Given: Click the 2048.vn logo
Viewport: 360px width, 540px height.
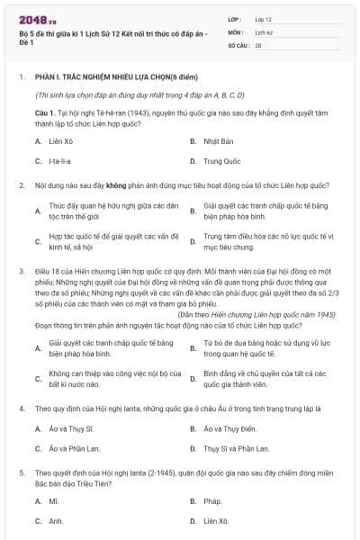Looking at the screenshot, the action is point(37,18).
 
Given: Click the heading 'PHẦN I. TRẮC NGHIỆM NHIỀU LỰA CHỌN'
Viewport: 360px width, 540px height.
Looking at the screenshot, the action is point(99,77).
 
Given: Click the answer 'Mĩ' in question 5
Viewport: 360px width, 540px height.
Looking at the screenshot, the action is point(53,500).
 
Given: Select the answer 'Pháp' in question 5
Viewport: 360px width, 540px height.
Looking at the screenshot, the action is point(212,500).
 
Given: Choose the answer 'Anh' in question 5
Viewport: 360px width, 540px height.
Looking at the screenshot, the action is point(56,520).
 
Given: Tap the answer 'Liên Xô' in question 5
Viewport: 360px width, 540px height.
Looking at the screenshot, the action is point(216,520).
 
